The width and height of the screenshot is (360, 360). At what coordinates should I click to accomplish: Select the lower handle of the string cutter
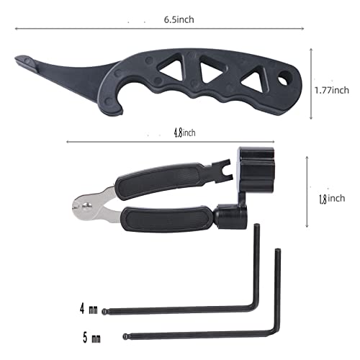(168, 215)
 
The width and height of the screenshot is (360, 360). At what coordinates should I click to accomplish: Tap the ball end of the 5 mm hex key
(127, 336)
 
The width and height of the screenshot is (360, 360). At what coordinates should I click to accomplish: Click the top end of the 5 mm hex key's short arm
(276, 251)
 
